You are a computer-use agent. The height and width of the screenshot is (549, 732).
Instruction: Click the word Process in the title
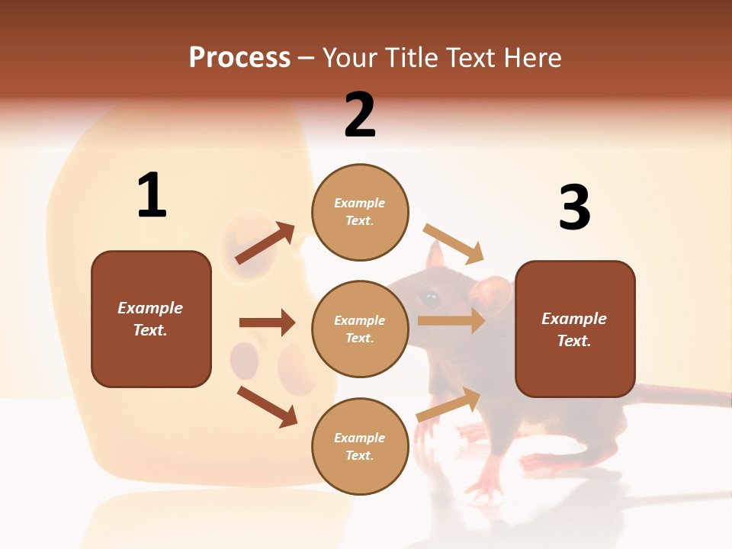(239, 58)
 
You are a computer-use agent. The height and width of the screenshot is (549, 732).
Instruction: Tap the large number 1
(152, 195)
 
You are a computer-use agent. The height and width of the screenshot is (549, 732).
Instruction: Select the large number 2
(360, 114)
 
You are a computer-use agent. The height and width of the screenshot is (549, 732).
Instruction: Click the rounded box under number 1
(151, 319)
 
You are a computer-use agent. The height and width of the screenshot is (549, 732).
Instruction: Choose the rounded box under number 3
(575, 329)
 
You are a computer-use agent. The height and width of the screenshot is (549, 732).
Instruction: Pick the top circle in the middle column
(360, 212)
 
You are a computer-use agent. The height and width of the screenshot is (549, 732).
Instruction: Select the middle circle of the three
(360, 329)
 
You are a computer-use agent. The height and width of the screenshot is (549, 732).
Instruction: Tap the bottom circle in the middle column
(360, 446)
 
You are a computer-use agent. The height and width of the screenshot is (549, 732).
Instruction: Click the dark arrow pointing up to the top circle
(265, 242)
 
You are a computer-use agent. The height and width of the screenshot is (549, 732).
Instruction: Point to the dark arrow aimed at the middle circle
(267, 323)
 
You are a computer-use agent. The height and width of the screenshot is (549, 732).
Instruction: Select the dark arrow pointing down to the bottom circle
(267, 406)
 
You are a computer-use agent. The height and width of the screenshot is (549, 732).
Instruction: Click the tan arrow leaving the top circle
(454, 242)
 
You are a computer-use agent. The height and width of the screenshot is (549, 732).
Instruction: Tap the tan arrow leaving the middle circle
(451, 320)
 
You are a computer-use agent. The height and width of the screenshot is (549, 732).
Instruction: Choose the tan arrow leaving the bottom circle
(448, 405)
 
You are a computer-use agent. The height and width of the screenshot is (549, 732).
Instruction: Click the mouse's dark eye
(431, 298)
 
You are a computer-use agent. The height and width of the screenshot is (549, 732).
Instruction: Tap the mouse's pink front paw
(484, 484)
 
